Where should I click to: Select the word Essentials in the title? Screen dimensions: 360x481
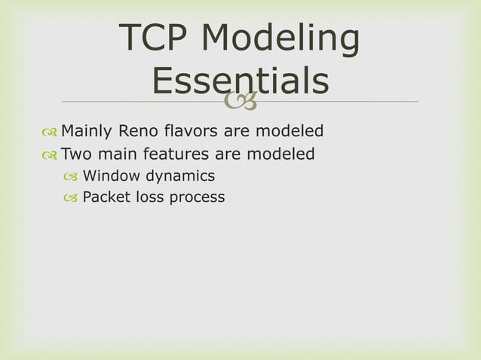point(240,81)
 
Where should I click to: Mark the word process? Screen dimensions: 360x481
point(197,198)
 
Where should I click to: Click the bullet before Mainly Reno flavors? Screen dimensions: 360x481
point(50,133)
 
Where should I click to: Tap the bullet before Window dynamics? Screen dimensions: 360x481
point(71,177)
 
